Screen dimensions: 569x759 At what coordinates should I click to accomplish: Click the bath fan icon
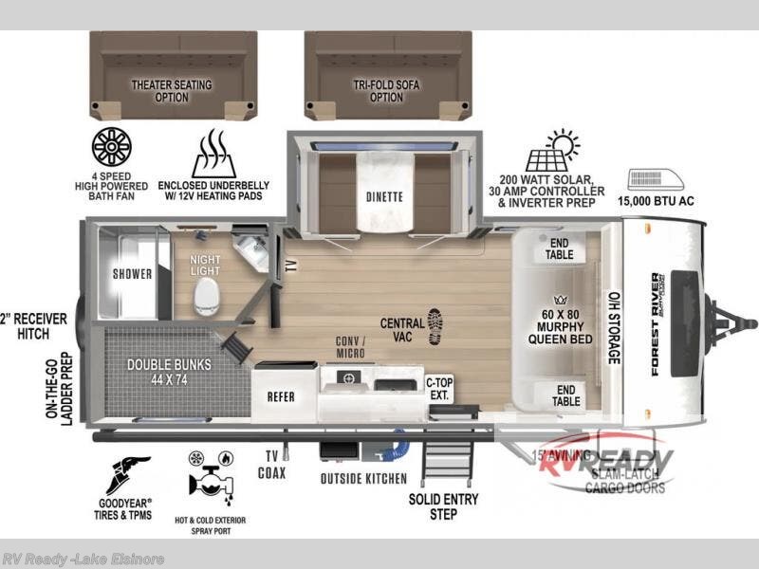click(112, 148)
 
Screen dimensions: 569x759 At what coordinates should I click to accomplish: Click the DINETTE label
click(383, 197)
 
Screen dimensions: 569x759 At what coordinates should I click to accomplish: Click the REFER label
click(282, 397)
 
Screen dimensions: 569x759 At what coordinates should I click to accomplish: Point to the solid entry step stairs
click(445, 464)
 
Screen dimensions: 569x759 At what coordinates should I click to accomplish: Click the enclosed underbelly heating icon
click(213, 155)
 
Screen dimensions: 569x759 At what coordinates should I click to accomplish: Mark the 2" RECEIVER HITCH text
click(34, 326)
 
